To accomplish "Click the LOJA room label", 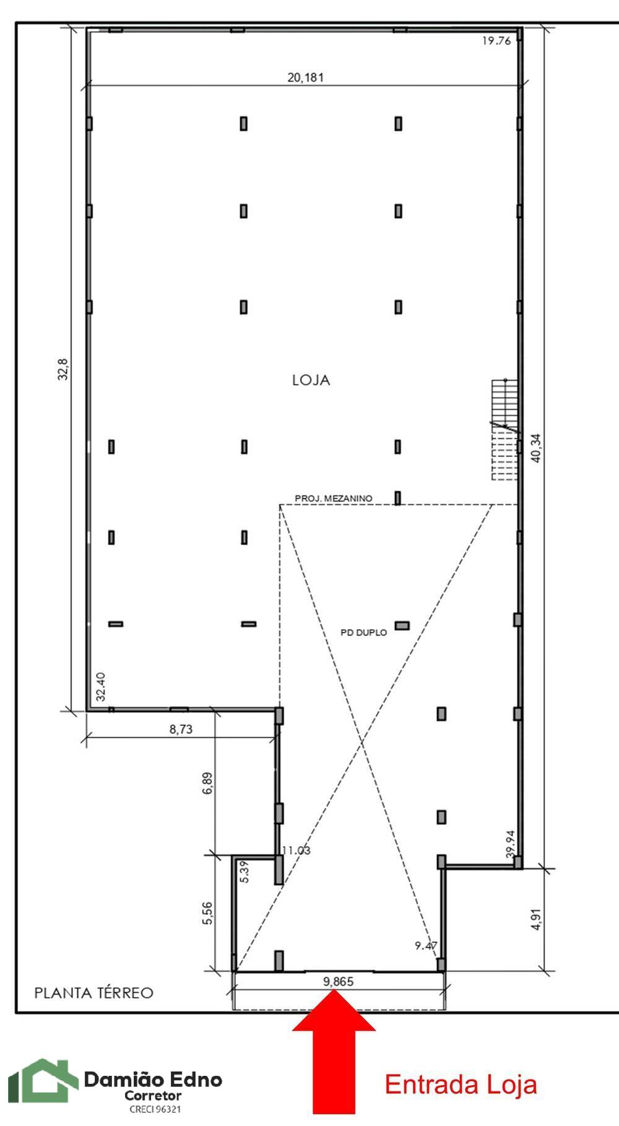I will pyautogui.click(x=311, y=380).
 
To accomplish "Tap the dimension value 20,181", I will pyautogui.click(x=305, y=77).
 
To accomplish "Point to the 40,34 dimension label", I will pyautogui.click(x=536, y=447).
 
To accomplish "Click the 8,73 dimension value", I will pyautogui.click(x=181, y=730).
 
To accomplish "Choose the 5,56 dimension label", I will pyautogui.click(x=207, y=912).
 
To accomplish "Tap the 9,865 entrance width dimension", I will pyautogui.click(x=338, y=982).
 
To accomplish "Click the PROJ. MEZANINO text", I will pyautogui.click(x=333, y=498).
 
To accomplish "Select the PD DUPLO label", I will pyautogui.click(x=363, y=632).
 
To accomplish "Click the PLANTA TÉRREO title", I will pyautogui.click(x=93, y=993).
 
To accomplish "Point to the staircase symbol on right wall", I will pyautogui.click(x=504, y=430).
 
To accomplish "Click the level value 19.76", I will pyautogui.click(x=495, y=41).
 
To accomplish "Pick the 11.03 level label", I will pyautogui.click(x=295, y=850).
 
